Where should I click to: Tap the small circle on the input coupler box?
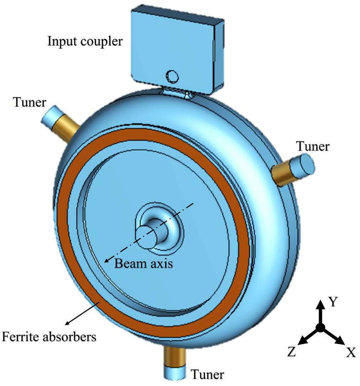[173, 76]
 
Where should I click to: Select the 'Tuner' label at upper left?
[29, 102]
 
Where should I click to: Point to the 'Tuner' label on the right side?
[313, 146]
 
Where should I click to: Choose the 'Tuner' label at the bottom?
[207, 374]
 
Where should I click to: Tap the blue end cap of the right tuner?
[302, 164]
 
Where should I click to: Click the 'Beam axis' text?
[144, 264]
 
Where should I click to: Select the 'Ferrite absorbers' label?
[49, 336]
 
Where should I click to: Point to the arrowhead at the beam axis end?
[106, 260]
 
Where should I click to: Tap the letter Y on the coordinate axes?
[333, 302]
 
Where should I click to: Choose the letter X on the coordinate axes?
[351, 352]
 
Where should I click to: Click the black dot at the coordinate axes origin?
[320, 328]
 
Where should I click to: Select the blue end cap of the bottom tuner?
[175, 372]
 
